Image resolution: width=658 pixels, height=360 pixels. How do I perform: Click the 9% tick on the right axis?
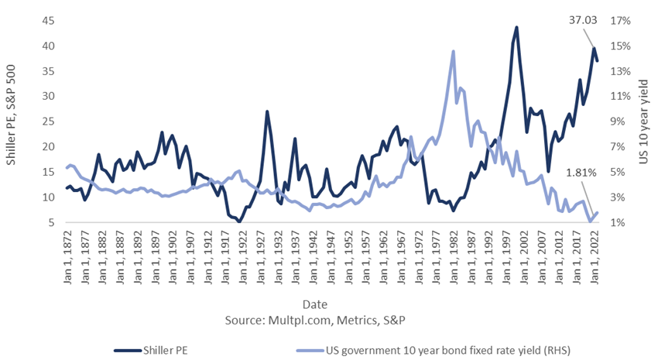(x=617, y=122)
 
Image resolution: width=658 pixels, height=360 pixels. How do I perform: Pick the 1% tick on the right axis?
(x=617, y=223)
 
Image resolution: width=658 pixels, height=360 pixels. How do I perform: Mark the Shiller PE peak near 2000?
(x=516, y=28)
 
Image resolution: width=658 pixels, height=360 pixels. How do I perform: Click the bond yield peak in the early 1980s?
(x=453, y=52)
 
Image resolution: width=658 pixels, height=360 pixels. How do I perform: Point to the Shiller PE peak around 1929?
(x=267, y=111)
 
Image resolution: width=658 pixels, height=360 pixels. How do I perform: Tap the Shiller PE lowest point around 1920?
(x=239, y=221)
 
